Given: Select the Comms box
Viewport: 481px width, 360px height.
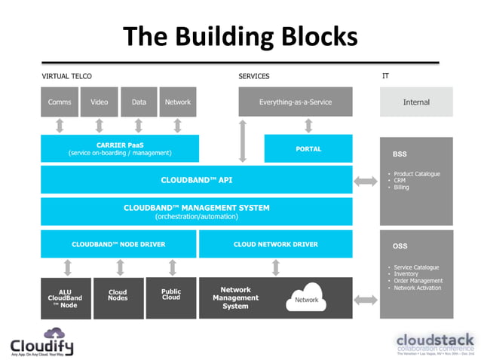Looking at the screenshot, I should (x=60, y=102).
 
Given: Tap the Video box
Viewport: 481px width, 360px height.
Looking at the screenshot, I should (x=99, y=102).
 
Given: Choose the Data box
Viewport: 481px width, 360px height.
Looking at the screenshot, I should (x=139, y=102).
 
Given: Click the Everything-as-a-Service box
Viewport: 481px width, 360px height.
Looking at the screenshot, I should (x=295, y=102).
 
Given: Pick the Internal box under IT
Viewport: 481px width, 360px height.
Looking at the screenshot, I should (x=416, y=102).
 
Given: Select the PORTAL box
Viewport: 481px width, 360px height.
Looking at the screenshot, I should (x=308, y=148).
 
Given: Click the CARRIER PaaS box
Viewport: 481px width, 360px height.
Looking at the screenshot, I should (x=120, y=148).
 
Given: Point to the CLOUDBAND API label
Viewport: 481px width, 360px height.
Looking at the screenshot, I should (x=196, y=180).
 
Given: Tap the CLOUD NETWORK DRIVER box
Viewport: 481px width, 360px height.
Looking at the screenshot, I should (x=275, y=244).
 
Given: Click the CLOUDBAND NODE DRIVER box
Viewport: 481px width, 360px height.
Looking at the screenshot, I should (x=118, y=244).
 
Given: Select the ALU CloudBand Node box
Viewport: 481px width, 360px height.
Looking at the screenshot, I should (x=66, y=297).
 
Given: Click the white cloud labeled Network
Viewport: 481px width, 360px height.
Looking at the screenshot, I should (x=305, y=298).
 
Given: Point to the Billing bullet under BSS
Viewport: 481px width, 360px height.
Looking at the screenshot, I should (x=402, y=188).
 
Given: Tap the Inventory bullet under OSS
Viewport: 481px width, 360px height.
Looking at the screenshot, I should (x=405, y=274).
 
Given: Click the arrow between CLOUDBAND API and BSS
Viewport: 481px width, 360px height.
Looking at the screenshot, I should (x=366, y=181).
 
